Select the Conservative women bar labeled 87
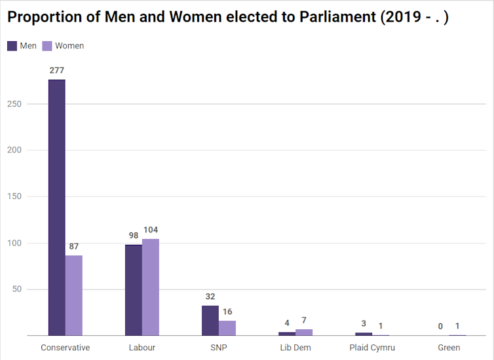[74, 295]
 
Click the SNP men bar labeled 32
[210, 321]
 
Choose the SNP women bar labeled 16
[227, 328]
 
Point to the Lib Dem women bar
[304, 333]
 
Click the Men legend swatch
[12, 46]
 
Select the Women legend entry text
[69, 46]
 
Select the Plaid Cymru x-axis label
[372, 348]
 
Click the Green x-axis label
[449, 348]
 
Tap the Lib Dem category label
[295, 348]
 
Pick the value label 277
[56, 70]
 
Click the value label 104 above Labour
[151, 230]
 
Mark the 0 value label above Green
[440, 326]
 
